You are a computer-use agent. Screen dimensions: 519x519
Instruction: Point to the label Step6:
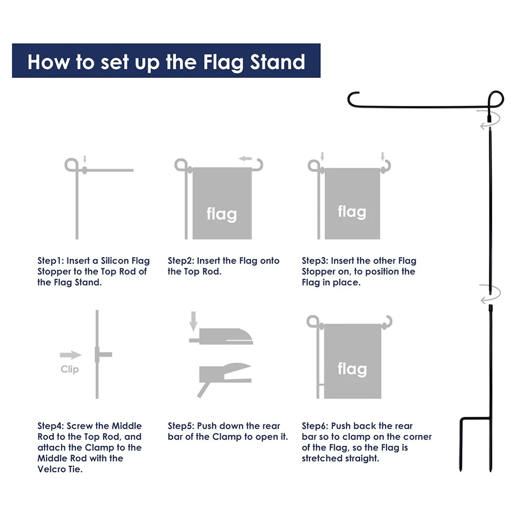click(315, 426)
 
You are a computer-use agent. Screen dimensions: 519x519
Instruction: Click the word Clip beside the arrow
click(70, 369)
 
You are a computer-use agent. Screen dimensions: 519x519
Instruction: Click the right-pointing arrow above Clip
click(71, 355)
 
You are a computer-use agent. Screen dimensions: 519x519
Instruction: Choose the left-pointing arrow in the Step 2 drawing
click(245, 158)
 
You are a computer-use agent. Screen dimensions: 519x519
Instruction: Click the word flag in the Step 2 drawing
click(222, 214)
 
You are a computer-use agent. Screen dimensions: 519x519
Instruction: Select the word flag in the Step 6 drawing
click(352, 368)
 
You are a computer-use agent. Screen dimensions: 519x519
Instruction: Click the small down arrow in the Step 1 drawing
click(85, 159)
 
